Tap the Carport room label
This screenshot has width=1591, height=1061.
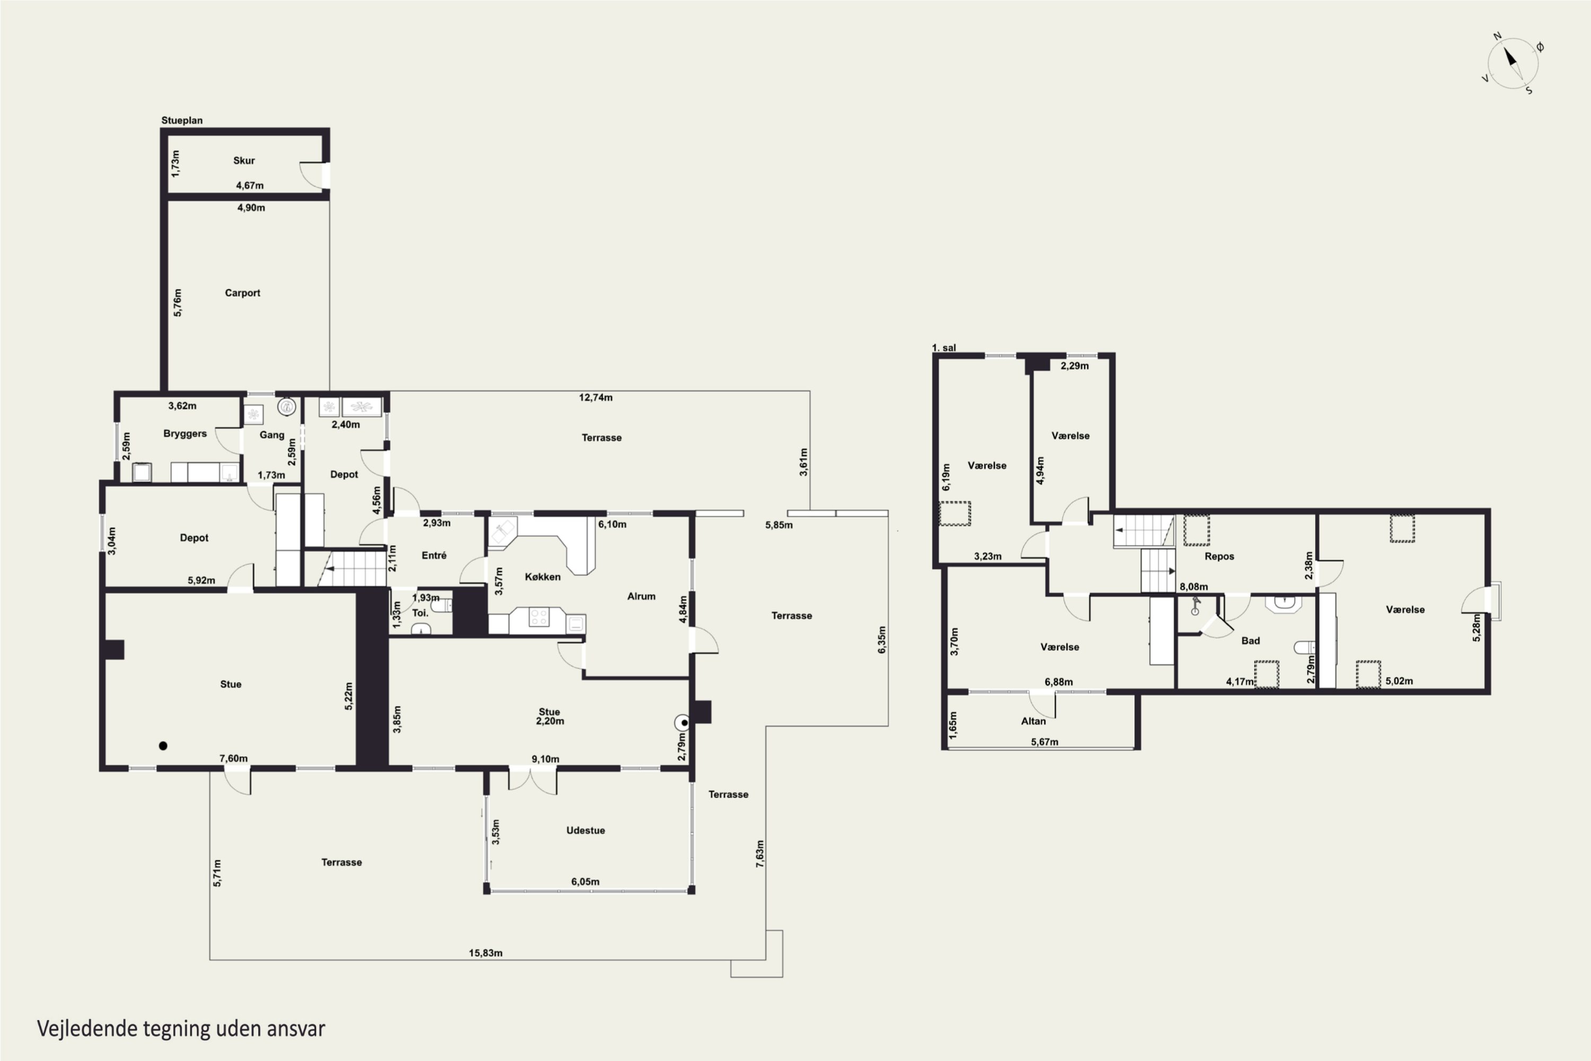[242, 293]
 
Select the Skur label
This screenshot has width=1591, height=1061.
[243, 160]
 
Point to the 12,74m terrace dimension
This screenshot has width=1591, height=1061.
[595, 398]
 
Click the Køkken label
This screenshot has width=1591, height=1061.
[543, 577]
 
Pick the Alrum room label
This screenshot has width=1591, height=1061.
[641, 596]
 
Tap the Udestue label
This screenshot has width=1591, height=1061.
[585, 830]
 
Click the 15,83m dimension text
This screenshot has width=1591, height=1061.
[486, 953]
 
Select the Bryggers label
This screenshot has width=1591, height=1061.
[185, 434]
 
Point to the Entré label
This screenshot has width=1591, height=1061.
[434, 555]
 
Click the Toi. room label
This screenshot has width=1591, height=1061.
[420, 613]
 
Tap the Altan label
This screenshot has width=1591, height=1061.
[1033, 721]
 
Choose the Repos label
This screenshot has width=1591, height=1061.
[1219, 556]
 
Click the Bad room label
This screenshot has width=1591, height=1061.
[1250, 641]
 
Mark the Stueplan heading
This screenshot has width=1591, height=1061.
[181, 120]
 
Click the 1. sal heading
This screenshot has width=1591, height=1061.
[943, 348]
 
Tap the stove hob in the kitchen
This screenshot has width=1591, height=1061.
[539, 617]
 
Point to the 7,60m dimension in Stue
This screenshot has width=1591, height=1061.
[233, 759]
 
